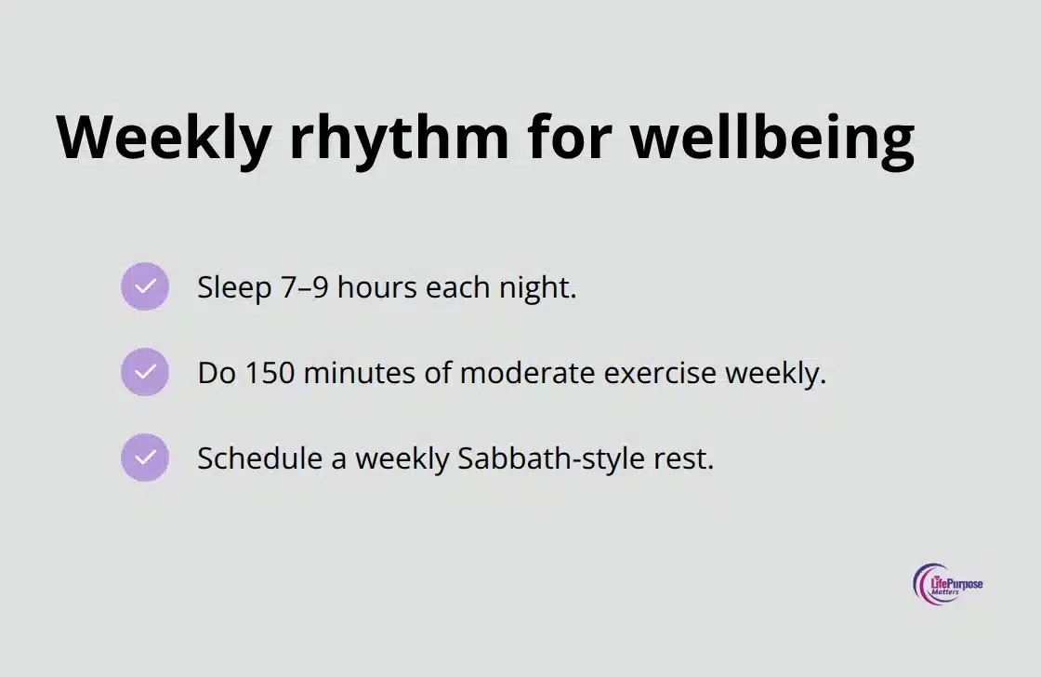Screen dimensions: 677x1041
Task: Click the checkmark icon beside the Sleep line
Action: click(x=145, y=286)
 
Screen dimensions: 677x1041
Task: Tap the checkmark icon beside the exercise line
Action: click(x=145, y=372)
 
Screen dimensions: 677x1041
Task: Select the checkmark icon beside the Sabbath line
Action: click(x=145, y=458)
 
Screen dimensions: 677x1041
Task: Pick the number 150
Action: click(x=270, y=373)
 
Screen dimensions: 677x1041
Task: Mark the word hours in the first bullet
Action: click(x=377, y=287)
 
